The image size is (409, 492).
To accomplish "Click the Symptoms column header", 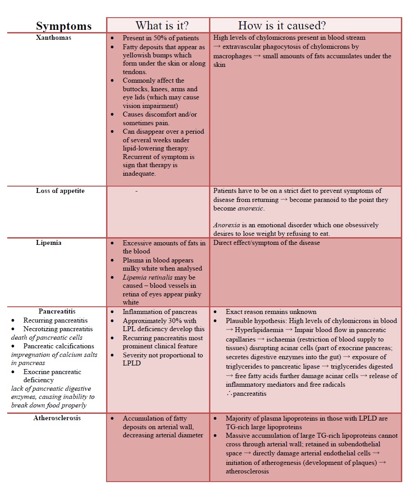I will coord(64,26).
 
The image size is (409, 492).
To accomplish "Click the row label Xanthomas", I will coord(54,38).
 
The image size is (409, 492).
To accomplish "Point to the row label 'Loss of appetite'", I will coord(60,191).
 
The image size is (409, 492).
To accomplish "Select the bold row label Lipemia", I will coord(49,243).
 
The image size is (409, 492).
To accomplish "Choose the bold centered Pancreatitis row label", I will coord(57,311).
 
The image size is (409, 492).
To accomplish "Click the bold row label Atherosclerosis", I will coord(57,418).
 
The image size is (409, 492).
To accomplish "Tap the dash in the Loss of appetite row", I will coord(136,191).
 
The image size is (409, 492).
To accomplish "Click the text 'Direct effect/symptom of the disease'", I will coord(266,243).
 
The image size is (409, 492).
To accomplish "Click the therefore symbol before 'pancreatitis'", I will coord(230,394).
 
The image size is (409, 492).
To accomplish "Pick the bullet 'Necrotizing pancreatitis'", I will coord(58,329).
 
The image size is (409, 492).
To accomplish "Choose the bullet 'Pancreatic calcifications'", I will coord(59,346).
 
